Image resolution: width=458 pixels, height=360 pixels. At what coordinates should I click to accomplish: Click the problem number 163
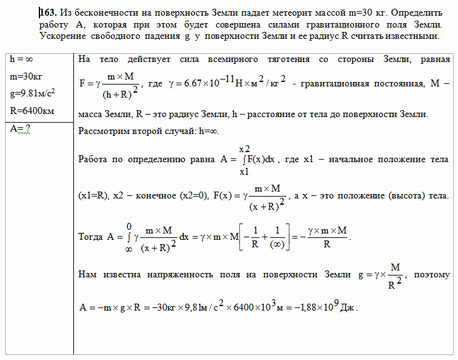tap(49, 13)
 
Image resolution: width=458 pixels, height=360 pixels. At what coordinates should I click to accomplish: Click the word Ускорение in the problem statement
tap(68, 36)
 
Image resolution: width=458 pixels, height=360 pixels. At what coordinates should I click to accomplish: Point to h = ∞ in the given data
tap(23, 59)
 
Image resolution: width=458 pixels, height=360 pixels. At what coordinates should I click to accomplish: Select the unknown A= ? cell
tap(21, 128)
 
